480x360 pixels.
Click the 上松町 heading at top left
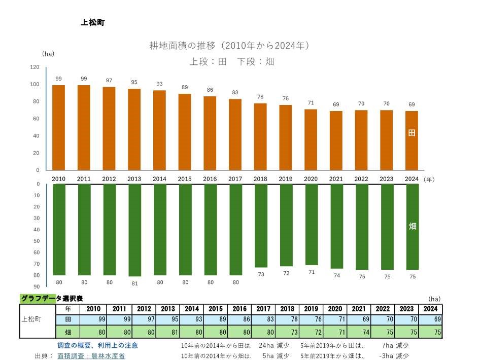92,22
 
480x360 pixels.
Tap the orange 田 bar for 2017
235,134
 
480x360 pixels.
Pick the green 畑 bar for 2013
134,230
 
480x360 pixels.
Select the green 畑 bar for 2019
286,225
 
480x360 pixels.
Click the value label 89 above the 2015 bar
185,87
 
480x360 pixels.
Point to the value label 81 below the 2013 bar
134,283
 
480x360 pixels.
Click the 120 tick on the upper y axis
35,67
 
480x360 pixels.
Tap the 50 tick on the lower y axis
37,241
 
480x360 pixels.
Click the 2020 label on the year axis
311,179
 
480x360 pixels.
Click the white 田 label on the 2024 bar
412,133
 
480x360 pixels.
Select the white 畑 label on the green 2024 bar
412,226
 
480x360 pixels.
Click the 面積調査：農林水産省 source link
91,356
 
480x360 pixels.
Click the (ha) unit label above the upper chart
48,53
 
